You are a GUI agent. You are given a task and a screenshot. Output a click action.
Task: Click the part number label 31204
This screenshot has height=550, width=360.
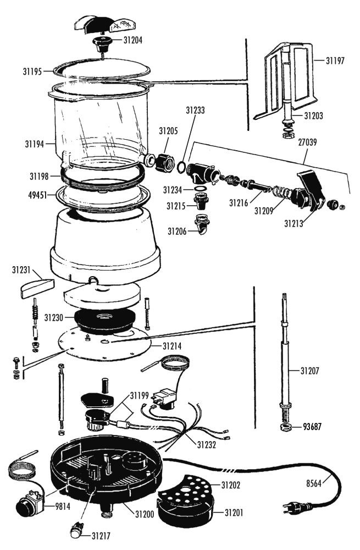[x=133, y=40]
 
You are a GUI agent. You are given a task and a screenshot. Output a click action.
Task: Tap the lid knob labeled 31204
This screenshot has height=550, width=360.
[x=102, y=43]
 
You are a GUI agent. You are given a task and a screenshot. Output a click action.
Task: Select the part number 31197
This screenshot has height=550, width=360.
[x=335, y=61]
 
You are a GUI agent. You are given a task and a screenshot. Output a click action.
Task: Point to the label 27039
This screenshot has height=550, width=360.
[x=307, y=142]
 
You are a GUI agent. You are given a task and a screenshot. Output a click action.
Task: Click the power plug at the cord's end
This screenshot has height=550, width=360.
[x=297, y=507]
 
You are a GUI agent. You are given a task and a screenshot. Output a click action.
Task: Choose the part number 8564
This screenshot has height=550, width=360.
[x=314, y=483]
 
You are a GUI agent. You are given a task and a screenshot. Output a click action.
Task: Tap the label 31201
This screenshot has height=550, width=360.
[x=234, y=513]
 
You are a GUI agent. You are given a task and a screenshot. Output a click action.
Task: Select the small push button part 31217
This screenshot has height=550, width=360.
[x=76, y=530]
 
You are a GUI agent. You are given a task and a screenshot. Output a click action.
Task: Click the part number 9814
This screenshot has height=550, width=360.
[x=63, y=506]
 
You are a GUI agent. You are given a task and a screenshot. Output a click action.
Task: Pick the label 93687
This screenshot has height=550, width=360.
[x=312, y=427]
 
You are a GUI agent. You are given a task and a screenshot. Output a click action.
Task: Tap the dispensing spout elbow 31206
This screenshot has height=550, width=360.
[x=202, y=224]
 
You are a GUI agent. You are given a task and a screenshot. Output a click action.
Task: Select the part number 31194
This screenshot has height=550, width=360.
[x=35, y=144]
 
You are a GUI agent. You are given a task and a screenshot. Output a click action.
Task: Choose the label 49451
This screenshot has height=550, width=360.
[x=37, y=195]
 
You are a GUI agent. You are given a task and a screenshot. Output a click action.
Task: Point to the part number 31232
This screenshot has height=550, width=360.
[x=206, y=445]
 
